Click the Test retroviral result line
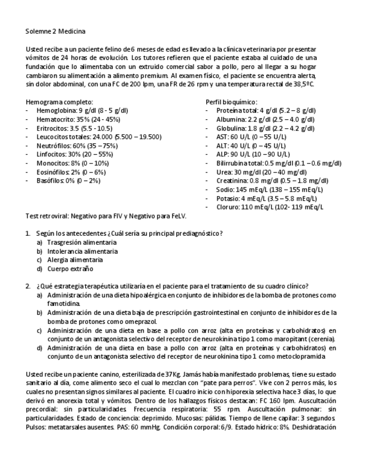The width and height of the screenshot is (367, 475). coord(106,216)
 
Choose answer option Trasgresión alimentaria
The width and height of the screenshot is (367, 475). coord(82,242)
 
